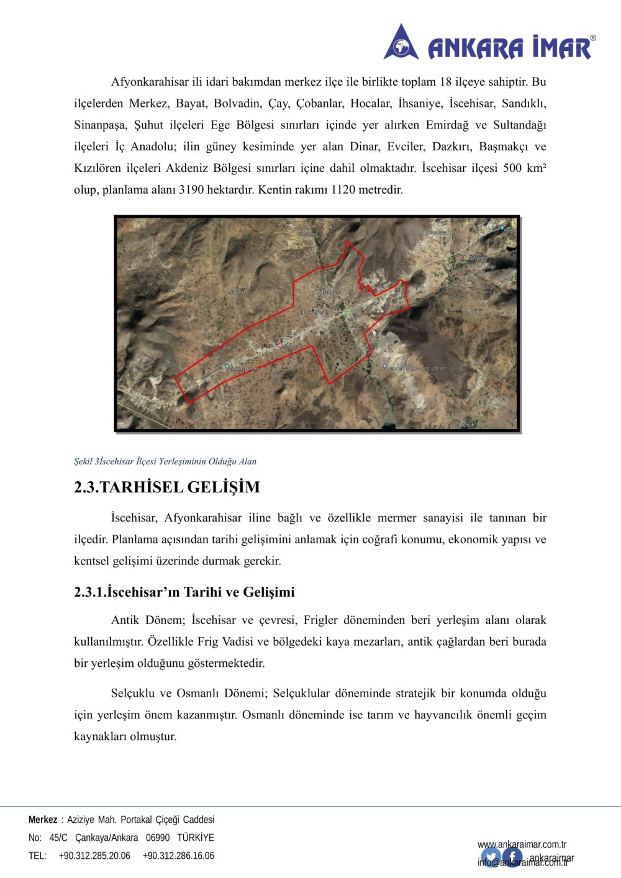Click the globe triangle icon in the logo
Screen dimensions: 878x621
click(401, 43)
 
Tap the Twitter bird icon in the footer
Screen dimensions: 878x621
click(491, 858)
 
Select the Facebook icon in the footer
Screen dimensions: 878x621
click(512, 858)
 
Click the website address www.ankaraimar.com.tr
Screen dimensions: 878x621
click(522, 844)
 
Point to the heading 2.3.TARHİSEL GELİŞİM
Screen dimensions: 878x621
click(167, 487)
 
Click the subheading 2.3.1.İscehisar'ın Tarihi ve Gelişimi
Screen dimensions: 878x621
click(184, 592)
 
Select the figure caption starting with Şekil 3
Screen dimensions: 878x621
click(165, 461)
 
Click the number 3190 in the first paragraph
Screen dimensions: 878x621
click(191, 190)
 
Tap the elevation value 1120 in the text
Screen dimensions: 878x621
click(343, 190)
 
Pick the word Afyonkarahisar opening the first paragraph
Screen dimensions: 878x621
click(150, 82)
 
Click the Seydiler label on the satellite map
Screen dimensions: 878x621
click(478, 258)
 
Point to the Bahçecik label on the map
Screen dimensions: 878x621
click(465, 425)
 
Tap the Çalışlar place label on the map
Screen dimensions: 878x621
click(238, 292)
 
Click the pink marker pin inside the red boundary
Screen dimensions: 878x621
click(281, 345)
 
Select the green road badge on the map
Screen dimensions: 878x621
click(348, 310)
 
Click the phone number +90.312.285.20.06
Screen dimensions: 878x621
click(94, 856)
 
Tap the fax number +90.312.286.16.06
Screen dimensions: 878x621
click(178, 856)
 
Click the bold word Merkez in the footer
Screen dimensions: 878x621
click(43, 820)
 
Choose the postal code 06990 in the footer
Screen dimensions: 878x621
click(158, 838)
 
